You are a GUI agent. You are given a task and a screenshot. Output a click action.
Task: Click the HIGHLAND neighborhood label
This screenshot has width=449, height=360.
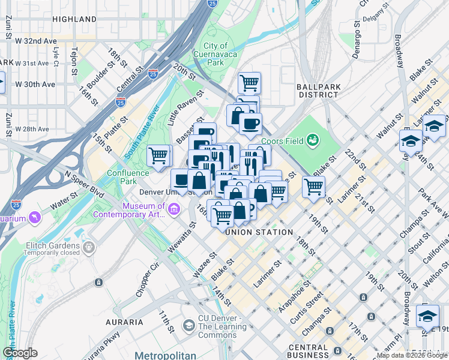coord(74,19)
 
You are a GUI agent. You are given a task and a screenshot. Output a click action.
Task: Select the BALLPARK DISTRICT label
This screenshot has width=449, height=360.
coord(319,91)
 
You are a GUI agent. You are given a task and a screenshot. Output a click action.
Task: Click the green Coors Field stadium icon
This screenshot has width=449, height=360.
coord(312,141)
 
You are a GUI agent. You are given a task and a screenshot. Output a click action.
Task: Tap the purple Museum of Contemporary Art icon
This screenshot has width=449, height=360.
coord(175,209)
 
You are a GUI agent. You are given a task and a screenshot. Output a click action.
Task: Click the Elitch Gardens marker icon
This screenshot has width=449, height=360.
coord(89,247)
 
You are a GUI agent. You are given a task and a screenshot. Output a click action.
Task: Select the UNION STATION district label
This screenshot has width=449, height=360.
coord(259,232)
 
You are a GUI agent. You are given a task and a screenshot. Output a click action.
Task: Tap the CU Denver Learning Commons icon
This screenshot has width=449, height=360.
coord(189,325)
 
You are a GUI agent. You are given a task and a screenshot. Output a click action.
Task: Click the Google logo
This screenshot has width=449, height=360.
coord(20,353)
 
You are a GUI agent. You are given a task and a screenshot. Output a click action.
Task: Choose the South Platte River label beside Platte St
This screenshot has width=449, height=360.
coord(139,133)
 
